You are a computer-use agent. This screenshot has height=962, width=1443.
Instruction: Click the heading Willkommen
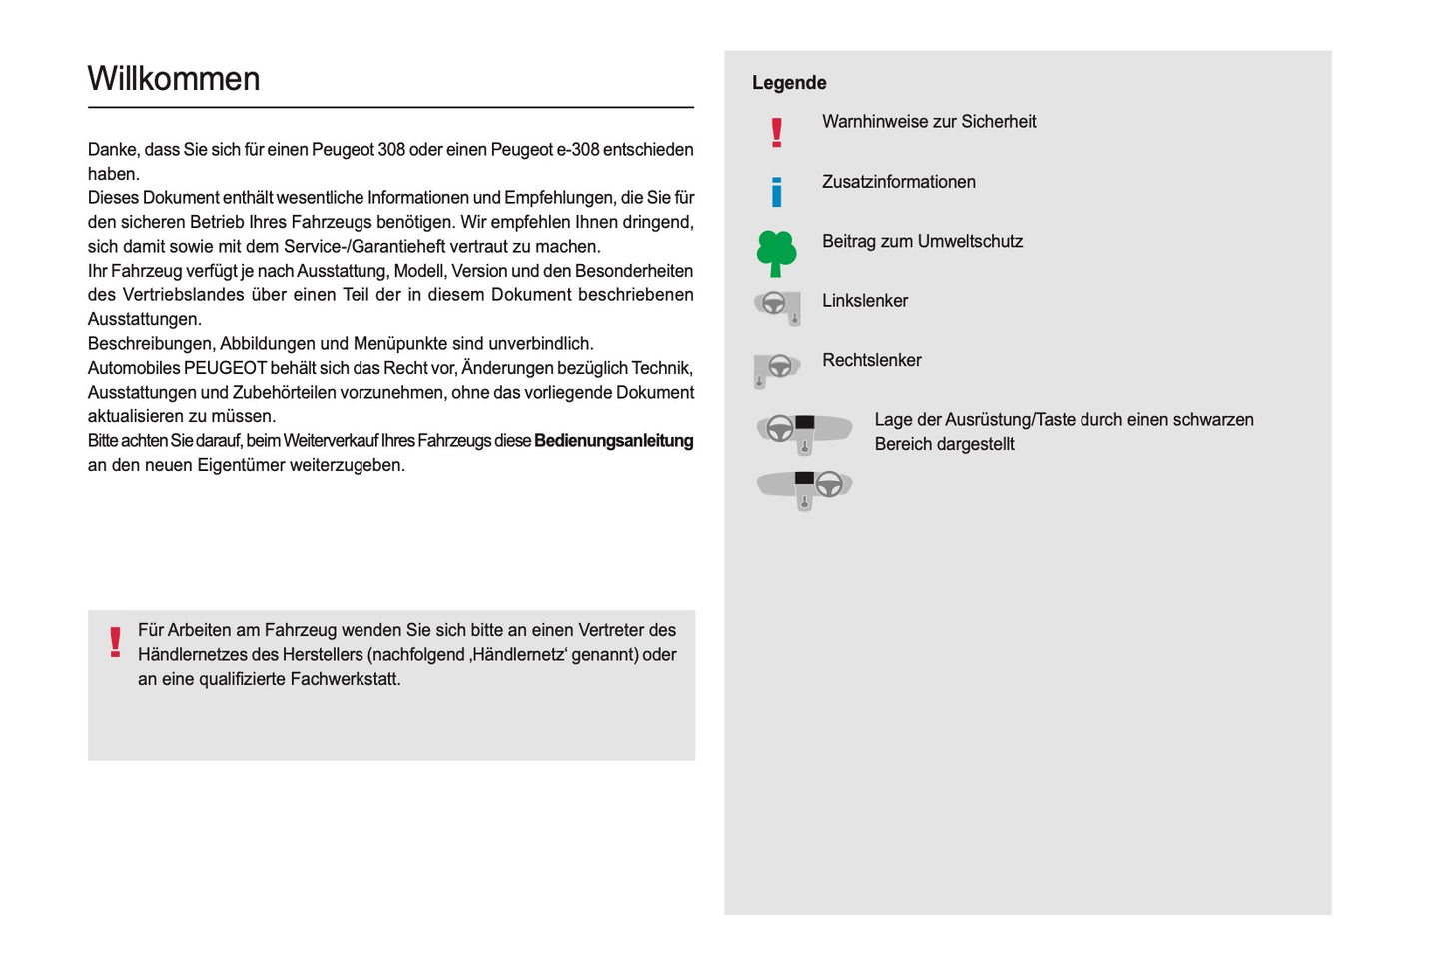point(174,79)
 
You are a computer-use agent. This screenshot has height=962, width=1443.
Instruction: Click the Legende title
point(789,83)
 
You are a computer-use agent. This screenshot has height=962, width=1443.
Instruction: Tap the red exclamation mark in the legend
point(776,132)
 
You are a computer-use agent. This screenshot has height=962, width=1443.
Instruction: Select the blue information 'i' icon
point(776,191)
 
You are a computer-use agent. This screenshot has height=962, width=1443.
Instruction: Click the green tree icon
point(776,253)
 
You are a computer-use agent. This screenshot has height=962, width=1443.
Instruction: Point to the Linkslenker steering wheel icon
point(777,306)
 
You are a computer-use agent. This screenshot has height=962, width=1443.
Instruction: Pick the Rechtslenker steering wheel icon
point(776,369)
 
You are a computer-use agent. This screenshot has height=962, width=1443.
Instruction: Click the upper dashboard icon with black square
point(804,431)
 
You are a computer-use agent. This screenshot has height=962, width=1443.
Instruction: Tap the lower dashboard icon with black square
point(804,487)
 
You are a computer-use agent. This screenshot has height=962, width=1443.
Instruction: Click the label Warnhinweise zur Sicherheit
point(929,122)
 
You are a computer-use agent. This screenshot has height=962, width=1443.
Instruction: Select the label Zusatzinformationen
point(898,182)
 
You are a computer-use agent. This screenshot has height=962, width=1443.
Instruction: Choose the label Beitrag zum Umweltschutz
point(922,242)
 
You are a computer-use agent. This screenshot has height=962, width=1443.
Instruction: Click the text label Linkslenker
point(865,301)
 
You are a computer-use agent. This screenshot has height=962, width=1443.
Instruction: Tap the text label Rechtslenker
point(871,361)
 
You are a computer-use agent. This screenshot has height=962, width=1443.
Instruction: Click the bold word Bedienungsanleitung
point(613,441)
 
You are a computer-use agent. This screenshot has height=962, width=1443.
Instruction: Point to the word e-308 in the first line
point(577,150)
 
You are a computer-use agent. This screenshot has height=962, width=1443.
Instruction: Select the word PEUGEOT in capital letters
point(225,368)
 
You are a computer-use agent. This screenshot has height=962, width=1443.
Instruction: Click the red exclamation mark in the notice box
point(115,642)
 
